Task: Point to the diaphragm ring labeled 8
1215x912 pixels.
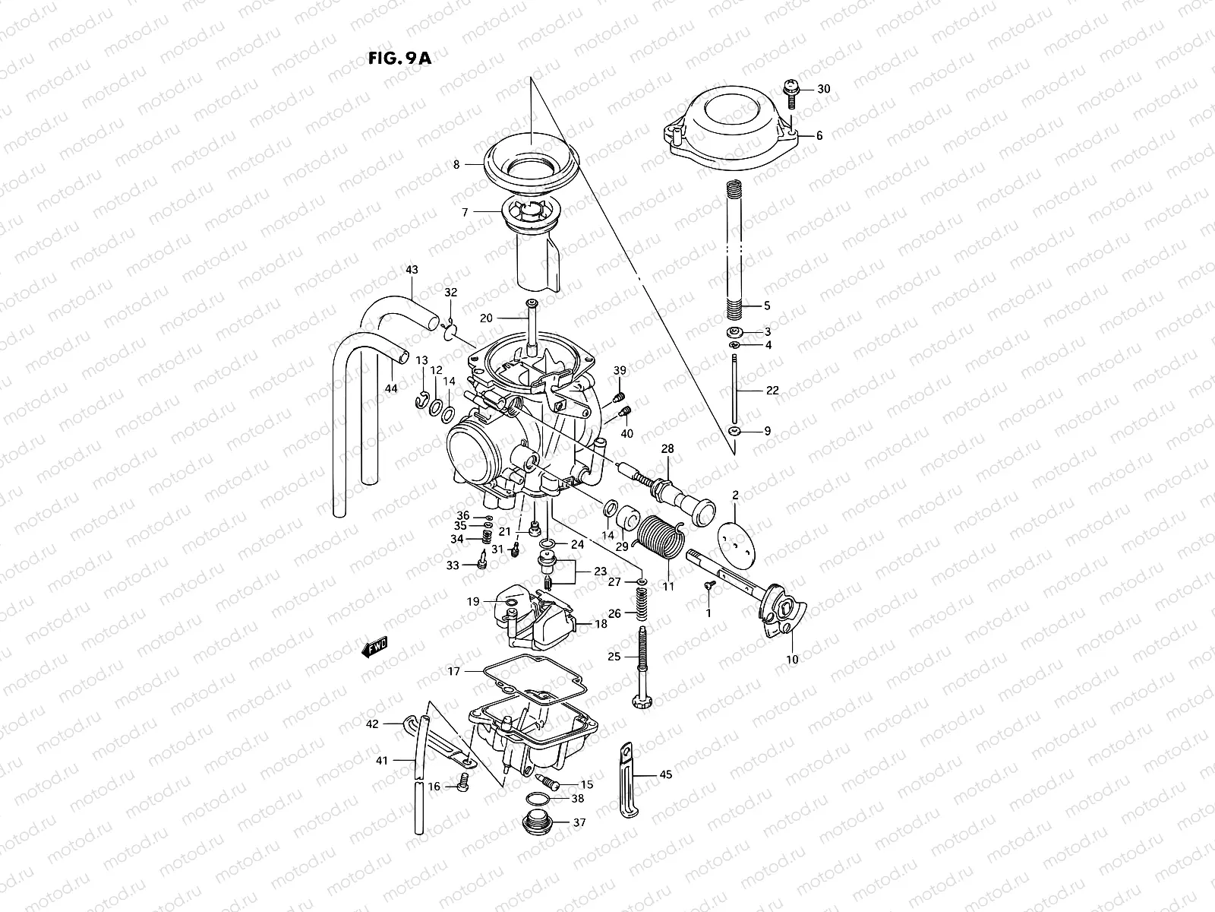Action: (532, 160)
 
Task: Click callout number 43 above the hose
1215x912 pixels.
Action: (412, 270)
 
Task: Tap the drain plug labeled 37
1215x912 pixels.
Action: (538, 823)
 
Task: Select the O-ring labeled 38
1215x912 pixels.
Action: (538, 798)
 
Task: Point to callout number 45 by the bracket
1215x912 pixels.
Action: (666, 775)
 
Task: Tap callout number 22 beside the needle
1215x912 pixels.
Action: (772, 391)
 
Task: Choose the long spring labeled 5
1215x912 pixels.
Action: (734, 251)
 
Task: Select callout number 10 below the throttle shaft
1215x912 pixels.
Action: (792, 660)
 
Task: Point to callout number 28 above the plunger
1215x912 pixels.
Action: (667, 449)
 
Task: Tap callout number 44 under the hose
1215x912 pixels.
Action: (391, 388)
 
